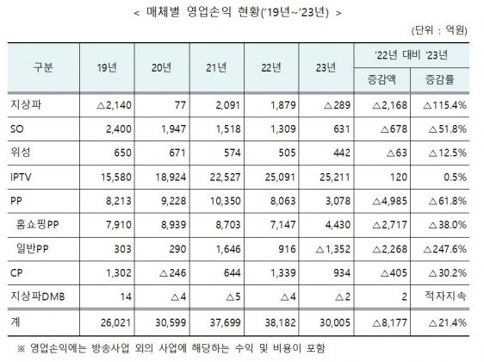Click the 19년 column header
(107, 67)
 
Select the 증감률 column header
(440, 79)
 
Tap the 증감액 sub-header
(382, 79)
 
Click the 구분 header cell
(43, 67)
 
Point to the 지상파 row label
(26, 105)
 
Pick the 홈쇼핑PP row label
(37, 225)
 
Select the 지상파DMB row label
(38, 296)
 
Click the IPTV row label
(21, 178)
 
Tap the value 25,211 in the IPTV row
(335, 178)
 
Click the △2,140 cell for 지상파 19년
(114, 105)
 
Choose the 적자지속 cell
(445, 296)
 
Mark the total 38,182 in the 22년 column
(280, 322)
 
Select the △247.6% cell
(444, 249)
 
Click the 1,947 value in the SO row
(173, 129)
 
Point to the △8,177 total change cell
(389, 323)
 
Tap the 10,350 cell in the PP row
(226, 201)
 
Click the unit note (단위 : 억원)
(439, 30)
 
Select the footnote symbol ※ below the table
(21, 349)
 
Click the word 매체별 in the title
(163, 12)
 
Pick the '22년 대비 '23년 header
(411, 55)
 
